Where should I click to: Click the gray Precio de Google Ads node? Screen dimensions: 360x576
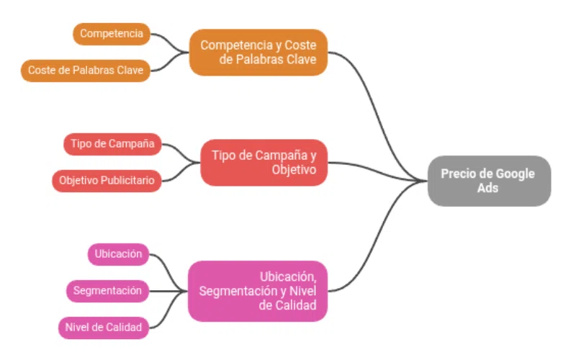tap(489, 181)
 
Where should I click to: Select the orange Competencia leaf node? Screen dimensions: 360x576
tap(112, 34)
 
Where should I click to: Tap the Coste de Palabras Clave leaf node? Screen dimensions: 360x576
tap(86, 71)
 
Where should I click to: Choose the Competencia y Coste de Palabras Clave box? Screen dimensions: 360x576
tap(258, 52)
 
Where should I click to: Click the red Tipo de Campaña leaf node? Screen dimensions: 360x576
tap(112, 144)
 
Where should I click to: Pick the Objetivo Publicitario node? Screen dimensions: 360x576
tap(106, 181)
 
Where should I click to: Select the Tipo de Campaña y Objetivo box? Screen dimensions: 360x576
tap(264, 162)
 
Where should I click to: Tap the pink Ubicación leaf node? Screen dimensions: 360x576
tap(118, 254)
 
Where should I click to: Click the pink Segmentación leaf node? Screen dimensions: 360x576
tap(108, 291)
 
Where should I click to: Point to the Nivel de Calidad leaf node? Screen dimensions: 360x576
tap(104, 328)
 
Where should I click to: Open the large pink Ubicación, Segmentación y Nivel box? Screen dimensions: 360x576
tap(258, 291)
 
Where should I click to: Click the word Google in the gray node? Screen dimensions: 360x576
tap(514, 174)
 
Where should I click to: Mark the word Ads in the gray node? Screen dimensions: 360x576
tap(487, 188)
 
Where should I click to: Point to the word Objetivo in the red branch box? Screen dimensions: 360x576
tap(294, 170)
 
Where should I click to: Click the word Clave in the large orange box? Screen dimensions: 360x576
tap(302, 60)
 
